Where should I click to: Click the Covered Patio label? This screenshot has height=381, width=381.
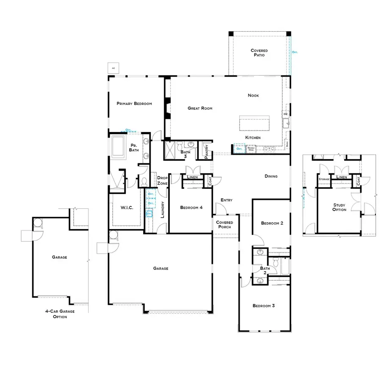click(259, 53)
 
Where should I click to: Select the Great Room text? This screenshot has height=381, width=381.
click(200, 108)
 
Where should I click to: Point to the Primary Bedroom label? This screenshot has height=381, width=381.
click(134, 103)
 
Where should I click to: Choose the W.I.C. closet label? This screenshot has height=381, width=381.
click(127, 207)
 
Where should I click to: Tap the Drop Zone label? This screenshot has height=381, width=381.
click(163, 181)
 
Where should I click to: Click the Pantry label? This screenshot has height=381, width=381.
click(206, 151)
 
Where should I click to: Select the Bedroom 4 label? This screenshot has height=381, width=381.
click(191, 207)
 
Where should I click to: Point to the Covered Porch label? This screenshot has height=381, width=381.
click(225, 225)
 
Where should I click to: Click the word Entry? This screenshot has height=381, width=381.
click(227, 200)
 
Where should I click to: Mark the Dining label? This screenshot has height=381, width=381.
click(271, 176)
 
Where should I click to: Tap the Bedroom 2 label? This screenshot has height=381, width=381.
click(272, 223)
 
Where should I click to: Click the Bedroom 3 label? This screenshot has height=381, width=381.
click(264, 306)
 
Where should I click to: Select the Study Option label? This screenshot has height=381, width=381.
click(339, 207)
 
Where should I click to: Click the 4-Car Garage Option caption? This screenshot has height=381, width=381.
click(59, 314)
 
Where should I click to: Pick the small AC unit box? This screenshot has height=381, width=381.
click(113, 68)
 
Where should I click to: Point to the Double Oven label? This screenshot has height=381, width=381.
click(251, 149)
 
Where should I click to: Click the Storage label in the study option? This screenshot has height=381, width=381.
click(324, 179)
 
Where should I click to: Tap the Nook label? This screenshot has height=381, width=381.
click(253, 96)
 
